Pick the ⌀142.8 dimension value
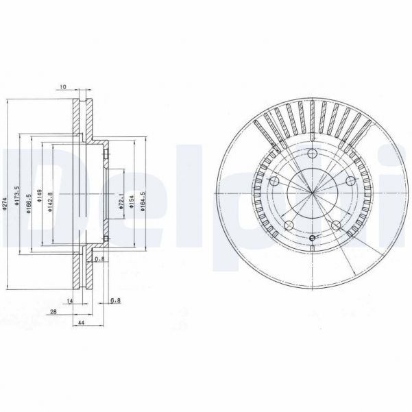51,203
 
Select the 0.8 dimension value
99,258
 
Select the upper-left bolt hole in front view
273,181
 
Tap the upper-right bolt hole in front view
350,180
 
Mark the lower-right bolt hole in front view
336,226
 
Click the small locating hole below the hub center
312,238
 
